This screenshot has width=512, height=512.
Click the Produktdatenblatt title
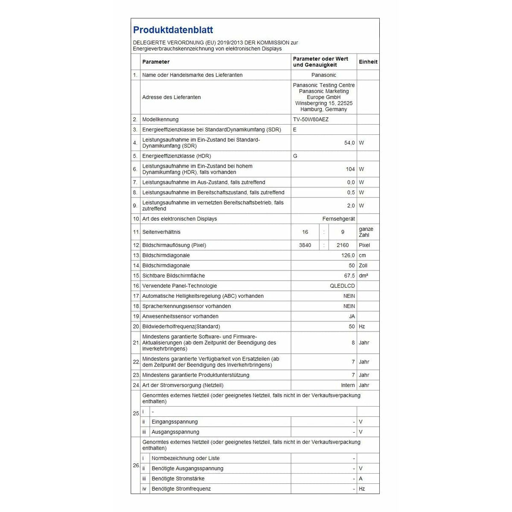pos(173,30)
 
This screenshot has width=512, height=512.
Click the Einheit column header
pos(368,62)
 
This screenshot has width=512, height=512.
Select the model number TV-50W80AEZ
pos(311,119)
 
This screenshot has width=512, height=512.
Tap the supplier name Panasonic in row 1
pos(323,75)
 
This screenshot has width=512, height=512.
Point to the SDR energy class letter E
pos(295,130)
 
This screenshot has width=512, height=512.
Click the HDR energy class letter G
pos(295,156)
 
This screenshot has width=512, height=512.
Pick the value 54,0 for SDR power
pos(349,143)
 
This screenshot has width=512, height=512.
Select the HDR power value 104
pos(350,169)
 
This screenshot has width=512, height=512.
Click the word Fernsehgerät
pos(338,219)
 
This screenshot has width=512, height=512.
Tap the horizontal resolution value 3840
pos(305,245)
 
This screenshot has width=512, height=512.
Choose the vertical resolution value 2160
pos(342,245)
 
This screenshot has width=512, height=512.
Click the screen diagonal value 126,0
pos(348,256)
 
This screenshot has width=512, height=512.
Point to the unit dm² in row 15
pos(363,276)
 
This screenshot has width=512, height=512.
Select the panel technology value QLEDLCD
pos(342,286)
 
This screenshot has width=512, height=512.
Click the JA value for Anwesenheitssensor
pos(352,317)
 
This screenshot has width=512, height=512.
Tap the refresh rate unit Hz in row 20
pos(362,327)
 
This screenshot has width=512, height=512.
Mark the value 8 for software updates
pos(353,343)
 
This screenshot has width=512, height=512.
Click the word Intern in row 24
pos(348,385)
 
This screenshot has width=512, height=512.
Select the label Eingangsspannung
pos(175,422)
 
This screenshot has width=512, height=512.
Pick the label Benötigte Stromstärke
pos(178,479)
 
